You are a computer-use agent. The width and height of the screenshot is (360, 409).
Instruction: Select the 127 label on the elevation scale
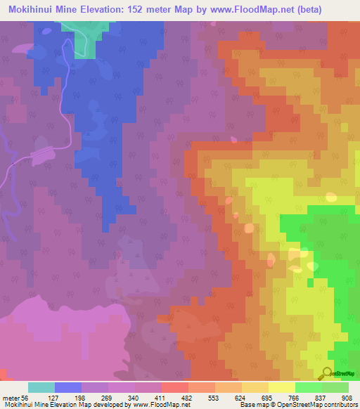pyautogui.click(x=68, y=397)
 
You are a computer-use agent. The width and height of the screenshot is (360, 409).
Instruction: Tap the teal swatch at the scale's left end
pyautogui.click(x=41, y=387)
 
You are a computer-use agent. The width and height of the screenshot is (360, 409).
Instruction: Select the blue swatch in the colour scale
pyautogui.click(x=68, y=387)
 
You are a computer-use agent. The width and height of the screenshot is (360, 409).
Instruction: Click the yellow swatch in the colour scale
pyautogui.click(x=281, y=387)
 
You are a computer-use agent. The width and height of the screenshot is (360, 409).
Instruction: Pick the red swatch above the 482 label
pyautogui.click(x=174, y=387)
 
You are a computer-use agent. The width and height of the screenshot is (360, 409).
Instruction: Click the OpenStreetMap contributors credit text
pyautogui.click(x=323, y=405)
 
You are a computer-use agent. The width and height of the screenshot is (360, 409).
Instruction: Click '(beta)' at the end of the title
pyautogui.click(x=330, y=8)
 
